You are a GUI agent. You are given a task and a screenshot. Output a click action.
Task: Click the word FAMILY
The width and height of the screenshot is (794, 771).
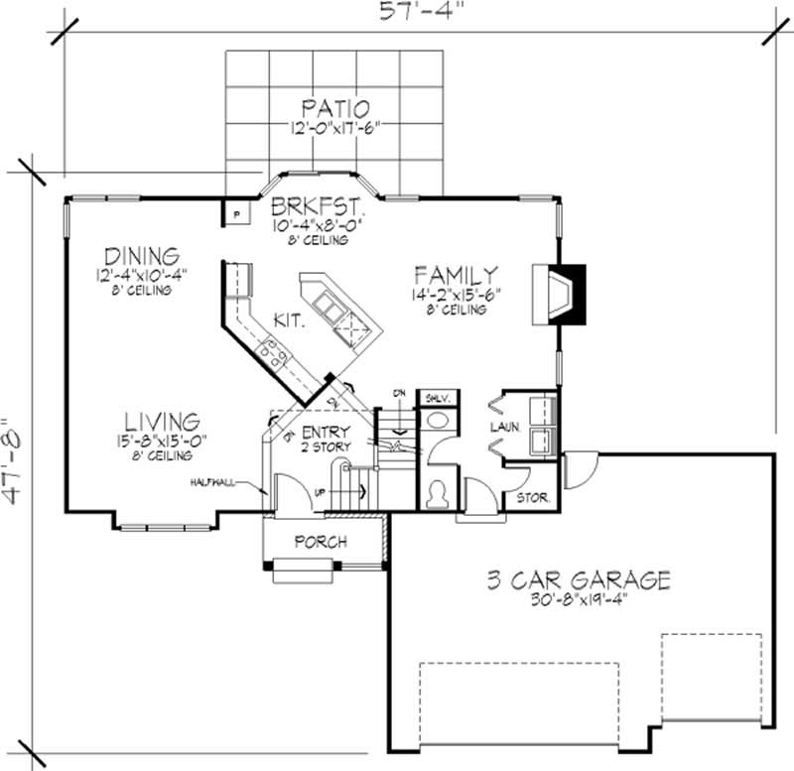coord(456,274)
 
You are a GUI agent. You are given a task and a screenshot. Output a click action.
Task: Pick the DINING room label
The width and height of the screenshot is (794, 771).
coord(145,255)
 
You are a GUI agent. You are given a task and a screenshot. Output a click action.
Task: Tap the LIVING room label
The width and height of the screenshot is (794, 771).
coord(162,421)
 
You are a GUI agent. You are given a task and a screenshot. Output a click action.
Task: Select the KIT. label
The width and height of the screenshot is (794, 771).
coord(289,321)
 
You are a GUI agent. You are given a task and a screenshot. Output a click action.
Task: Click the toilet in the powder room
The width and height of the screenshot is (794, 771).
coord(434,492)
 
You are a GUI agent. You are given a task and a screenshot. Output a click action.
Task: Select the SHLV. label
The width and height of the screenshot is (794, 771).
coord(437,398)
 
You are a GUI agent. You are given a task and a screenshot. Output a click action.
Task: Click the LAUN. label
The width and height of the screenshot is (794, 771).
coord(504,427)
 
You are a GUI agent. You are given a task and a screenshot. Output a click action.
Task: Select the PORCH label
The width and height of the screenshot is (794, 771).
coord(321,542)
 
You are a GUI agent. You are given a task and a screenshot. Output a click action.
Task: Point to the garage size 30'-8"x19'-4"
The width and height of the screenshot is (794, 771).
coord(578,600)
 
